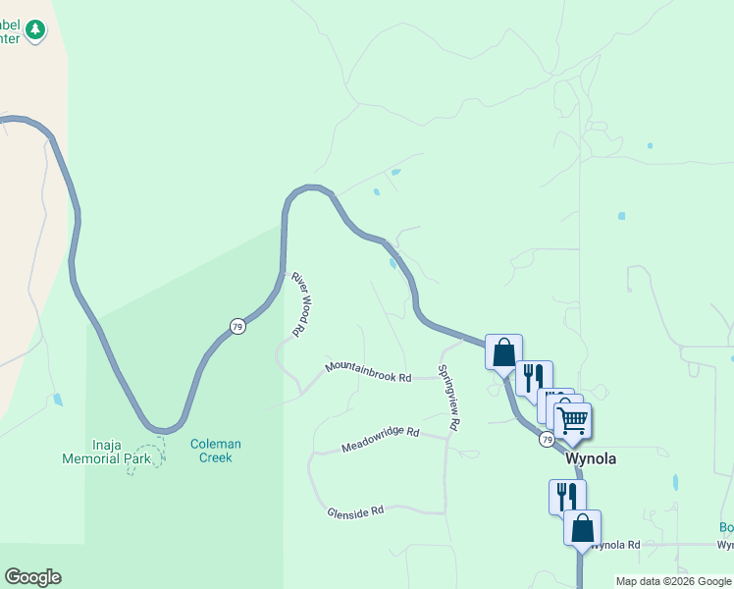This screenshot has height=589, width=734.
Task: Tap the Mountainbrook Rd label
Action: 367,371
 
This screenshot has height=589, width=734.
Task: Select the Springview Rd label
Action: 447,399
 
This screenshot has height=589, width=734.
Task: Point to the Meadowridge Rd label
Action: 380,440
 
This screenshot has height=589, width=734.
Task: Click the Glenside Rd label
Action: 355,511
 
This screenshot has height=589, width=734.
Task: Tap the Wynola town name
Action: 591,458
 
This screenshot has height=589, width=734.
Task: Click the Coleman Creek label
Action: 215,451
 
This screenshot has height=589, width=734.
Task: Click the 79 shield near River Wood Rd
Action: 237,326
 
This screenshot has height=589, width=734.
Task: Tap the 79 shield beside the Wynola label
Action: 547,440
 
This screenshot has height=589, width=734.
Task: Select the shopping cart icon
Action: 572,421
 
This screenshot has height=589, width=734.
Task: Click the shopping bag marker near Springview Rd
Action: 503,351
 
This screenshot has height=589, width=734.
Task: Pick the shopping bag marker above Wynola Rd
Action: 582,527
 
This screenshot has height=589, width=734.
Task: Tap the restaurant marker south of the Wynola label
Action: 567,496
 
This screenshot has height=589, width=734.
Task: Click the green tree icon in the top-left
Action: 36,29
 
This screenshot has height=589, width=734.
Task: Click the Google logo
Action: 32,577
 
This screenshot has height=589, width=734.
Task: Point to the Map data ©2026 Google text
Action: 673,581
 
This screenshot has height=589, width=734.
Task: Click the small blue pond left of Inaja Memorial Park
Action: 58,400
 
